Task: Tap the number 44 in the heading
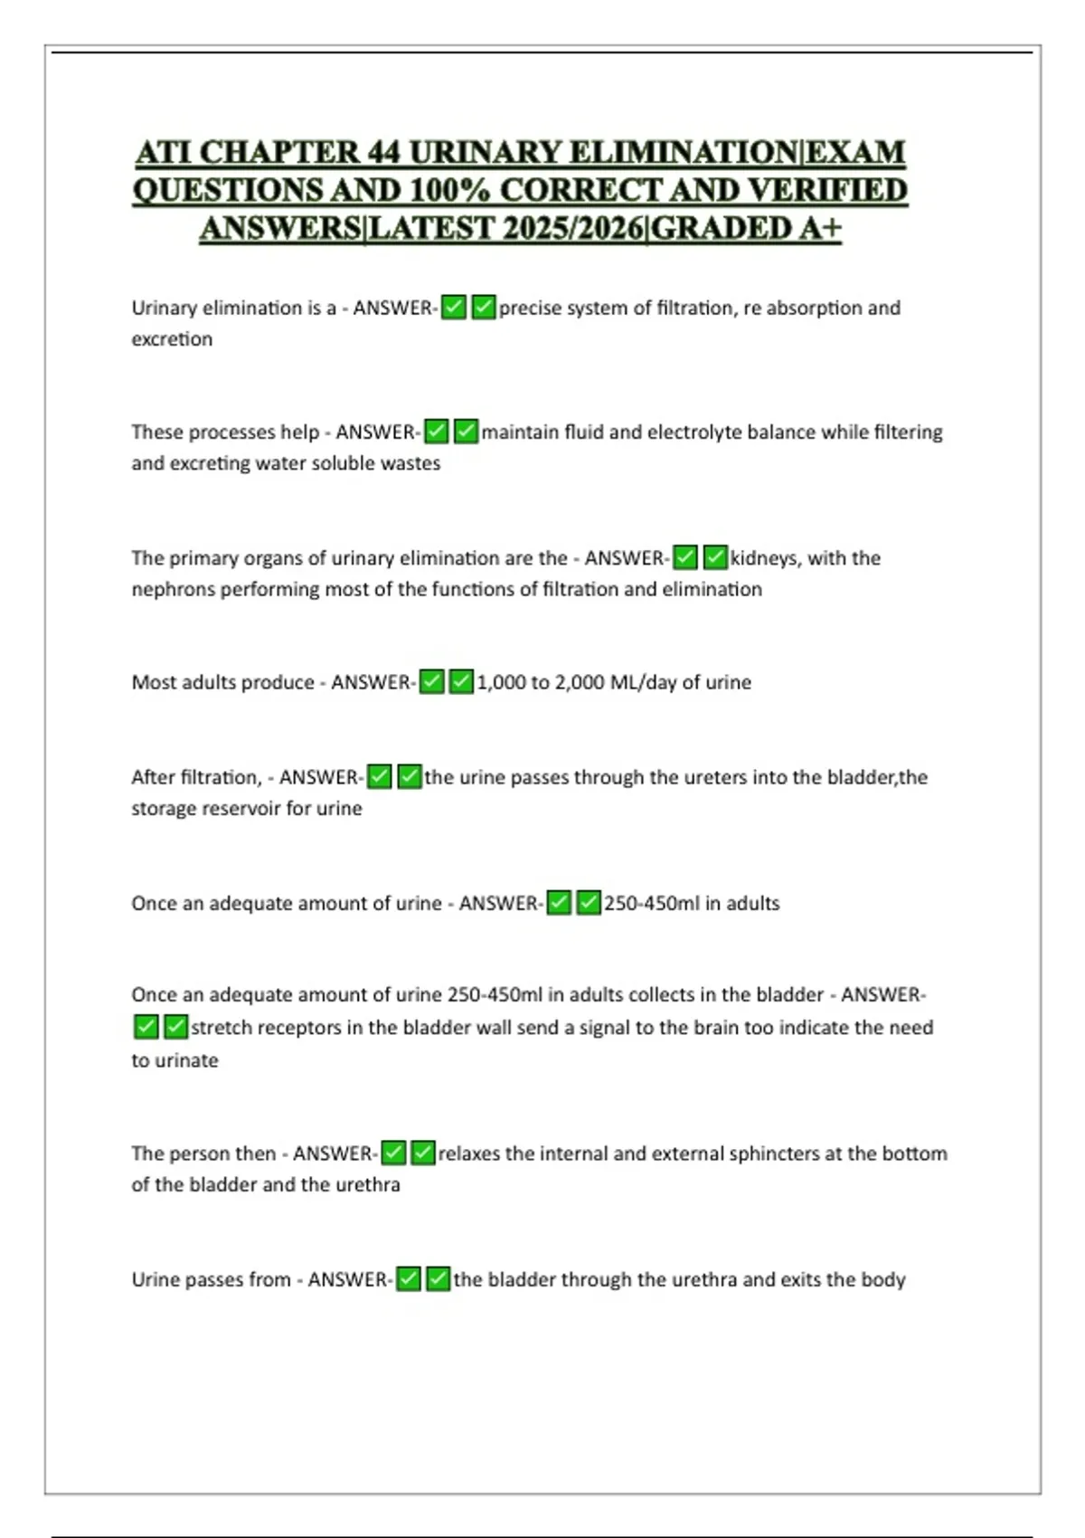383,152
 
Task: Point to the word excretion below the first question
172,339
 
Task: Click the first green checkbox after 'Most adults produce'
432,681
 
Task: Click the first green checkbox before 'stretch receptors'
146,1027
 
